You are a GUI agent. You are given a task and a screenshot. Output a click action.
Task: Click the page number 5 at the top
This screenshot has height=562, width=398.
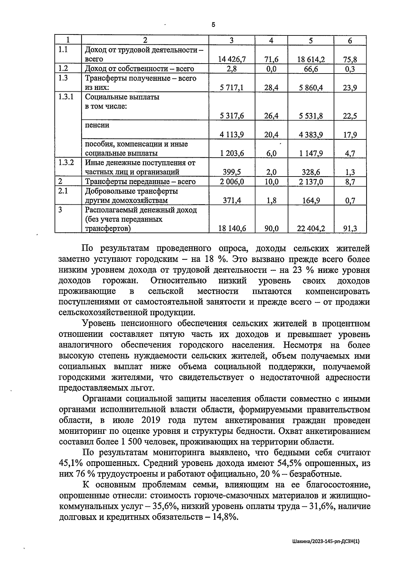(x=213, y=25)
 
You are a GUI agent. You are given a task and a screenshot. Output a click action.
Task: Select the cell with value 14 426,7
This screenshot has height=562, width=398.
(x=232, y=59)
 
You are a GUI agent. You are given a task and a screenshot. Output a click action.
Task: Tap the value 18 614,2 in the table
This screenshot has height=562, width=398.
(x=311, y=59)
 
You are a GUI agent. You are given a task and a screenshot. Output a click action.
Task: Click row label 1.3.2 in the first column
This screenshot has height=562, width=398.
(x=66, y=163)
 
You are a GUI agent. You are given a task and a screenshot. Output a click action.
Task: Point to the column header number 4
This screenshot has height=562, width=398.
(x=271, y=40)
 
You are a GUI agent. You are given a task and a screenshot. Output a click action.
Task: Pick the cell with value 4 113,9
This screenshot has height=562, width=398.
(x=232, y=134)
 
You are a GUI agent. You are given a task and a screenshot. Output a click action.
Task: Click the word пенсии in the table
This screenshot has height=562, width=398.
(x=97, y=125)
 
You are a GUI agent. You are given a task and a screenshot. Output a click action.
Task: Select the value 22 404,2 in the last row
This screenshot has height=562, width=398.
(x=311, y=229)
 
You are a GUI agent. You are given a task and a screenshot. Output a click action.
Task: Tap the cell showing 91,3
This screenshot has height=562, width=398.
(x=350, y=229)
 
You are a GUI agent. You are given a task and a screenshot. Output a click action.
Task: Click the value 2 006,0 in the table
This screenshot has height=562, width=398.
(x=232, y=181)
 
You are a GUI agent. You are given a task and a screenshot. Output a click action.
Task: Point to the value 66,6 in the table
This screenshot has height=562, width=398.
(x=311, y=69)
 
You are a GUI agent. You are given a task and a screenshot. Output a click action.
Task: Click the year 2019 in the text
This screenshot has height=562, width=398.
(x=151, y=420)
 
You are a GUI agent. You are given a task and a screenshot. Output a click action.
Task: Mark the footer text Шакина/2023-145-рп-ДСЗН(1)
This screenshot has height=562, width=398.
(x=326, y=541)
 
